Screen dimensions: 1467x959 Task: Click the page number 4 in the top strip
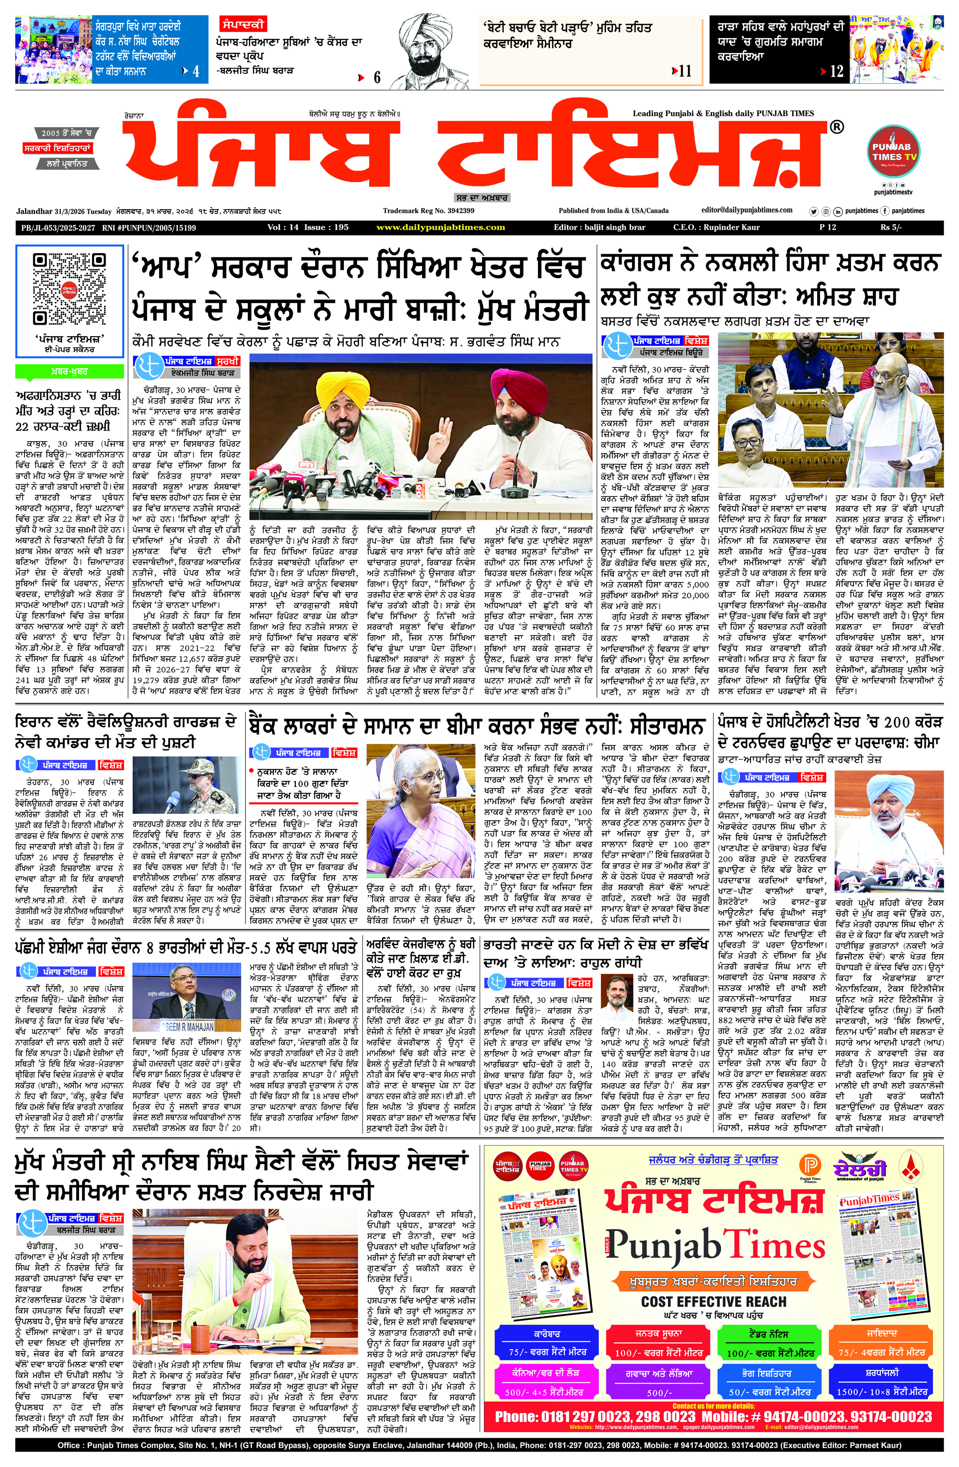point(195,71)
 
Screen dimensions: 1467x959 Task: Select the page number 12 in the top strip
point(836,71)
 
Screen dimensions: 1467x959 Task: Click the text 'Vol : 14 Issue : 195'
point(308,227)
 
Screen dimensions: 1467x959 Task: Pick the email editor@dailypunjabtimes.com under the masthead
point(747,210)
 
